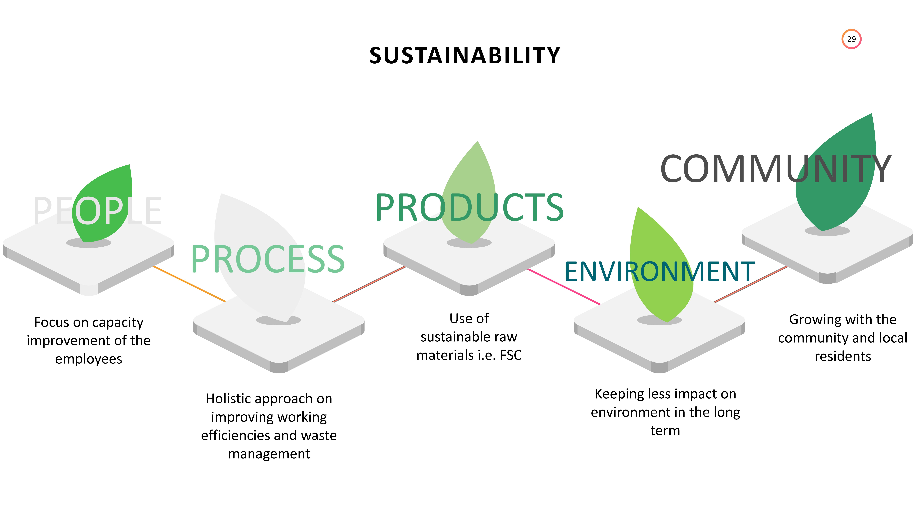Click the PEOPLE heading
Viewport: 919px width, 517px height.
(x=97, y=211)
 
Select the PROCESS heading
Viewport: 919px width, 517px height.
(x=268, y=259)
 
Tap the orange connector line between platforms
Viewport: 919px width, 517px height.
(x=189, y=284)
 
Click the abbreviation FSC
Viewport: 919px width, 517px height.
(x=511, y=355)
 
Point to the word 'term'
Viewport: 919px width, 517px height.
(x=665, y=431)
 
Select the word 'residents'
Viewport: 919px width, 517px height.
(x=843, y=356)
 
